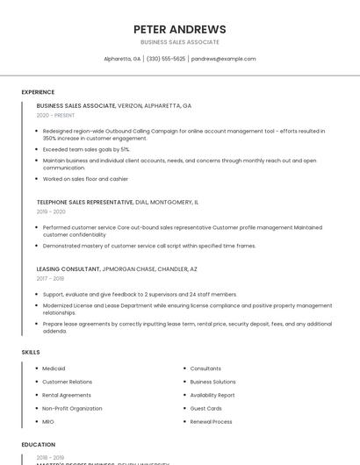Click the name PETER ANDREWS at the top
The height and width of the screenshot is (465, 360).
click(x=180, y=29)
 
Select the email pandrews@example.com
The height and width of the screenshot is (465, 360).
click(x=224, y=59)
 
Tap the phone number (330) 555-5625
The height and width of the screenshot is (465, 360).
click(x=166, y=59)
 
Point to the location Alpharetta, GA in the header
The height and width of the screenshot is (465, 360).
click(x=122, y=59)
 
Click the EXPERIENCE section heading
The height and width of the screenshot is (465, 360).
click(x=38, y=92)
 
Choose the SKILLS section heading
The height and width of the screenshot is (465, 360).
click(x=31, y=352)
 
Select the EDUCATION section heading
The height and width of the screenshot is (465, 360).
click(x=39, y=445)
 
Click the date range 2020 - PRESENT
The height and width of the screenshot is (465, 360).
click(x=56, y=115)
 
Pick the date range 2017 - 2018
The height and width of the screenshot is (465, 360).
click(x=50, y=278)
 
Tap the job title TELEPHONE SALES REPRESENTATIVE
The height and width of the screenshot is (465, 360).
click(x=84, y=202)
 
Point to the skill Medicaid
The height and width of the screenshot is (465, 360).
click(x=54, y=368)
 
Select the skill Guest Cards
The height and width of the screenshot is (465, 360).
click(x=205, y=408)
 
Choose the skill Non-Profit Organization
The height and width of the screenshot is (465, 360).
click(x=72, y=408)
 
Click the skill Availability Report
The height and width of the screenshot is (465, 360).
click(x=212, y=395)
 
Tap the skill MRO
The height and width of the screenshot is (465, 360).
click(x=48, y=421)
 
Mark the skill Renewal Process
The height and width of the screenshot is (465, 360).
click(x=211, y=421)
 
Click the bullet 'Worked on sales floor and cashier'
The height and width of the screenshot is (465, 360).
click(x=85, y=179)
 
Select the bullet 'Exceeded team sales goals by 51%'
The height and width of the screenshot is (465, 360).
click(x=86, y=149)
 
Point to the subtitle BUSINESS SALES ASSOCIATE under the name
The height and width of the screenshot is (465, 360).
click(x=180, y=42)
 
